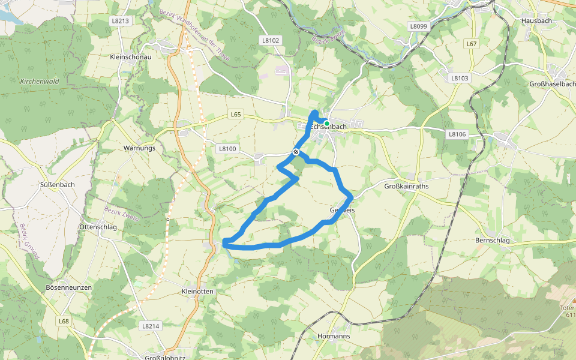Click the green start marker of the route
coord(326,124)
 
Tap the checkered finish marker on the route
coord(296,151)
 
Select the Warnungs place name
coord(139,148)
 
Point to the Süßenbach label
coord(57,184)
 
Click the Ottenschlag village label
coord(98,227)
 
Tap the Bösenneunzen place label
coord(68,288)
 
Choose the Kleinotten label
coord(197,291)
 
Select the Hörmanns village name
coord(333,336)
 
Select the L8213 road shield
coord(120,20)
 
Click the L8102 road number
coord(271,40)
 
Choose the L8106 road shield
coord(457,134)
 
